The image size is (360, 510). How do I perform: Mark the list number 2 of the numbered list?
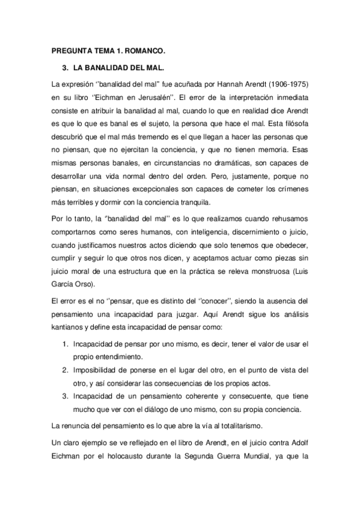(x=64, y=369)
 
